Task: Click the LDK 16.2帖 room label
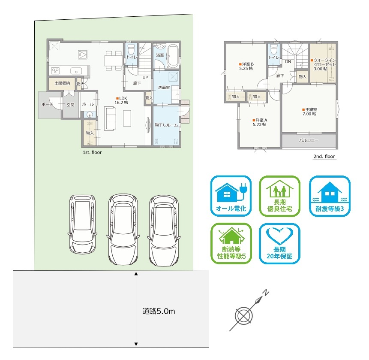point(121,100)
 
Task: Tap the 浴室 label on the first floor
point(160,55)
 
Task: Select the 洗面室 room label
point(164,88)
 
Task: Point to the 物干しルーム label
point(166,125)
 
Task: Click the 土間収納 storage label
point(62,83)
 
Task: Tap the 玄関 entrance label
point(70,105)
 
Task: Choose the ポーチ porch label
point(47,104)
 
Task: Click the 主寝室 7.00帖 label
point(309,112)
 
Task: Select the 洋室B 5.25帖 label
point(246,66)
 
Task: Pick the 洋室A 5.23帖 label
point(260,122)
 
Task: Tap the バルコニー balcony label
point(309,140)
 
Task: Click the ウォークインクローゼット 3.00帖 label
point(323,64)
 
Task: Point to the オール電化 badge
point(231,196)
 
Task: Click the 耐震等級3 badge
point(330,196)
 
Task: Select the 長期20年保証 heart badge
point(279,243)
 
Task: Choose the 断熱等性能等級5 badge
point(231,243)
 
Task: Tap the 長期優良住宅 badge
point(279,196)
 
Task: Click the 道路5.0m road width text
point(159,311)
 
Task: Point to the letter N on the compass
point(265,293)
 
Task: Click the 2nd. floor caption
point(324,157)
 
